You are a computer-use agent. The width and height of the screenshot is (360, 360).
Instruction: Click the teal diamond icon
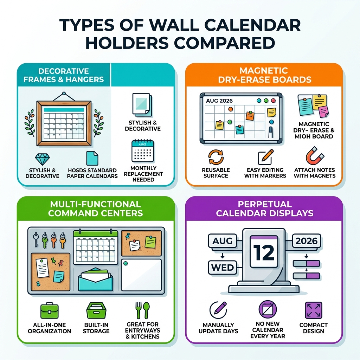pyautogui.click(x=43, y=159)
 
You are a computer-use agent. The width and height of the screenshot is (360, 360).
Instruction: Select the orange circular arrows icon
pyautogui.click(x=216, y=157)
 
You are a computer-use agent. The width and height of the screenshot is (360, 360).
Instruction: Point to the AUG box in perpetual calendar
pyautogui.click(x=222, y=241)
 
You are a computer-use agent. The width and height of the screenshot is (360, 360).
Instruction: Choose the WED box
pyautogui.click(x=222, y=268)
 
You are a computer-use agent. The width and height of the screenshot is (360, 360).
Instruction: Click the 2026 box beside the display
pyautogui.click(x=307, y=241)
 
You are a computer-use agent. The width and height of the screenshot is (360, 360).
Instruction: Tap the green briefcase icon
pyautogui.click(x=49, y=311)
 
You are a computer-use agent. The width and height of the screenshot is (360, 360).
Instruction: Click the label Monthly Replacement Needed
pyautogui.click(x=143, y=174)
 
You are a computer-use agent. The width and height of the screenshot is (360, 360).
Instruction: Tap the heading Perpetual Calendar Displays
pyautogui.click(x=264, y=208)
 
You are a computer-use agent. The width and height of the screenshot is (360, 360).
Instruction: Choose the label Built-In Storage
pyautogui.click(x=96, y=328)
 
